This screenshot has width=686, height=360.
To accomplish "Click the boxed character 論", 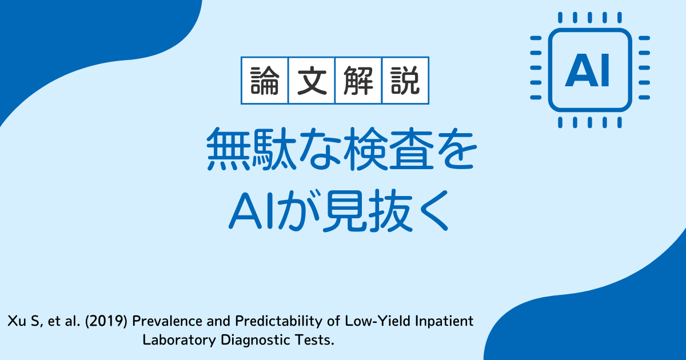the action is tap(265, 81).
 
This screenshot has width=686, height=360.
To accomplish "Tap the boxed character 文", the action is tap(312, 81).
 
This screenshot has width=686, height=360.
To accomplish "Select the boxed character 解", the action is tap(358, 81).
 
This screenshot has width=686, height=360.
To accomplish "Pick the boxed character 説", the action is tap(405, 81).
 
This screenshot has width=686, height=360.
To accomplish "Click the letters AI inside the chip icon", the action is tap(587, 71).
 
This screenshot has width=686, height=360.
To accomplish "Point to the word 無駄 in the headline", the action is tap(252, 149).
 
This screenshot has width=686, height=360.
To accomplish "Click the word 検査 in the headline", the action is tap(388, 149).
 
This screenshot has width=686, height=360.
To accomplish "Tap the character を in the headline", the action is tap(456, 150).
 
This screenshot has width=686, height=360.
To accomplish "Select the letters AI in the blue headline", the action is tap(251, 211).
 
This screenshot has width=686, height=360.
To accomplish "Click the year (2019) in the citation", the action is tap(106, 321).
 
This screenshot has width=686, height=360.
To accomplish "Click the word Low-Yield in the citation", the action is tap(378, 321).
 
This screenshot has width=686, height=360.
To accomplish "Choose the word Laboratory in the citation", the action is tap(179, 341).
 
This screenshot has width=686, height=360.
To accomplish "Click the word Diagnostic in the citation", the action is tap(255, 341).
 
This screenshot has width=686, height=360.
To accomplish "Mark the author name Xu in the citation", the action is tap(17, 321).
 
